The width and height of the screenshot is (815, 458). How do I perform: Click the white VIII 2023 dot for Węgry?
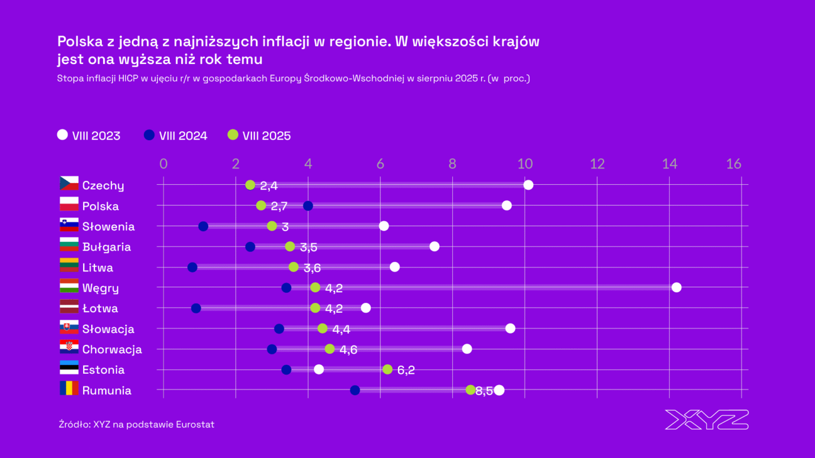[x=676, y=287]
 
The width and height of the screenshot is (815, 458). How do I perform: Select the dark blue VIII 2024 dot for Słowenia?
[x=203, y=226]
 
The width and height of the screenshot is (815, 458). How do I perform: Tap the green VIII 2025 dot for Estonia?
[x=387, y=369]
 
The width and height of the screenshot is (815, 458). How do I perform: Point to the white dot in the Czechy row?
[x=528, y=185]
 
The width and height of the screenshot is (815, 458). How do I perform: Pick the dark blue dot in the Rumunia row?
[x=355, y=390]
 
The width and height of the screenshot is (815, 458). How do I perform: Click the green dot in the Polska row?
[x=261, y=205]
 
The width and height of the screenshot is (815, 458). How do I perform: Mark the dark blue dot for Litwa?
[x=192, y=267]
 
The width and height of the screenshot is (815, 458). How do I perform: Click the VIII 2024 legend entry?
[x=176, y=136]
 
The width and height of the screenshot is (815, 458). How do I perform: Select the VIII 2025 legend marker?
[x=233, y=135]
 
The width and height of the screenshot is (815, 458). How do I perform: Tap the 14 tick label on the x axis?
[x=670, y=164]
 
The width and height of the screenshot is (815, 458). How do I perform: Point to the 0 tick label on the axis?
[x=164, y=164]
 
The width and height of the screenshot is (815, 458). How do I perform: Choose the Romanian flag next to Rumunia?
[x=69, y=389]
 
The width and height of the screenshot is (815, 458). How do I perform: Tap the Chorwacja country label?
[x=112, y=349]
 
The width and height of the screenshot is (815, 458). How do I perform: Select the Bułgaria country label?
[x=106, y=247]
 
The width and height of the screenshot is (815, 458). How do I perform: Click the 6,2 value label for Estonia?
[x=406, y=370]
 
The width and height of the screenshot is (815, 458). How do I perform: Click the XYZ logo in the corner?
[x=706, y=420]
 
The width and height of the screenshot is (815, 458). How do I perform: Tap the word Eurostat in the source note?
[x=195, y=424]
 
